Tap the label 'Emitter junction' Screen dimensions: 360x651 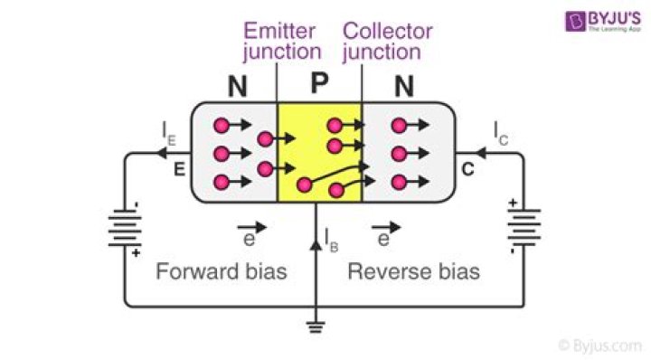point(281,42)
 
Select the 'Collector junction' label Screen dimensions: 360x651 point(387,42)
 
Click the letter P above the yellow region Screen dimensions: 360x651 point(319,84)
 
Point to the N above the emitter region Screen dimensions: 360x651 point(238,88)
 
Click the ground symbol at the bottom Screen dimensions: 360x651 point(315,328)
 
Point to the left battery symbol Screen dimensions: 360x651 point(124,227)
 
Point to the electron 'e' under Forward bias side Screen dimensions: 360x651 point(250,239)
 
